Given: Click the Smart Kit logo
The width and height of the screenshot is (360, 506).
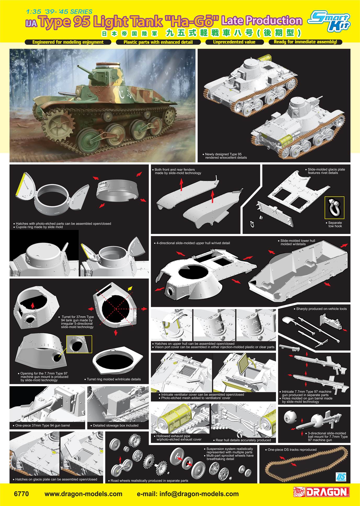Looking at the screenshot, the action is click(329, 19).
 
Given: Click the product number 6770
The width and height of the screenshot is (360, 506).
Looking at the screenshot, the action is click(21, 494).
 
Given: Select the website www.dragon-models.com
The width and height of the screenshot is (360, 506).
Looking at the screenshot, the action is click(83, 494).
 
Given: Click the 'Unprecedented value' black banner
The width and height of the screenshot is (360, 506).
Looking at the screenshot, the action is click(234, 42).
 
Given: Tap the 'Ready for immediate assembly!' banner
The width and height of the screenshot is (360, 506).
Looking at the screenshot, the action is click(305, 42).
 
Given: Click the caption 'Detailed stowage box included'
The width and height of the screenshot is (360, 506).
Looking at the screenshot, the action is click(116, 425).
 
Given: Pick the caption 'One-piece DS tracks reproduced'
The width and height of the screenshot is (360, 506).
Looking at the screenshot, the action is click(292, 450).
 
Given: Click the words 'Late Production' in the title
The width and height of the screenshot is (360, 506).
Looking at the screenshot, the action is click(262, 20).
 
